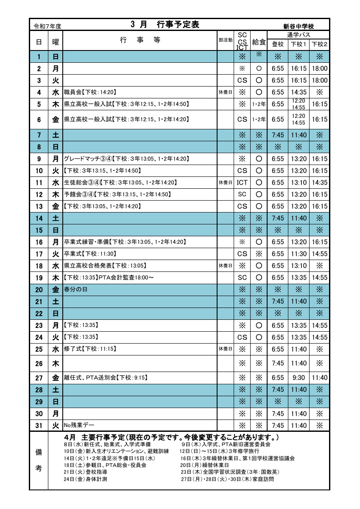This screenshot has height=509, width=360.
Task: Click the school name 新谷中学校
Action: point(299,26)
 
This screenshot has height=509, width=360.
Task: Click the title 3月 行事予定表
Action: point(165,25)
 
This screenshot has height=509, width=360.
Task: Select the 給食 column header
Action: point(259,42)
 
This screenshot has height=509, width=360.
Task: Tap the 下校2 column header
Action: point(319,44)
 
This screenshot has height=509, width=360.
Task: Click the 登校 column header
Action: point(278,44)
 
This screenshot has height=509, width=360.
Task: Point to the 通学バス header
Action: point(299,34)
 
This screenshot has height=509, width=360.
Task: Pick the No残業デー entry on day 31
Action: point(79,425)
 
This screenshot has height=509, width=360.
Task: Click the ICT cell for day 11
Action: point(242,183)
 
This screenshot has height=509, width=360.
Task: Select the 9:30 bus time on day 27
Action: point(299,378)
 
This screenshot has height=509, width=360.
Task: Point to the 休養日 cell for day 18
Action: point(225,266)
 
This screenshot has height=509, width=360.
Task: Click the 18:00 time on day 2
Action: point(319,69)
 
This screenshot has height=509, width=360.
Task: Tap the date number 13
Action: point(39,207)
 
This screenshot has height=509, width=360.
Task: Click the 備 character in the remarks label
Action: point(38,453)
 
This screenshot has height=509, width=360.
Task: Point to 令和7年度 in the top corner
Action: point(47,26)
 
